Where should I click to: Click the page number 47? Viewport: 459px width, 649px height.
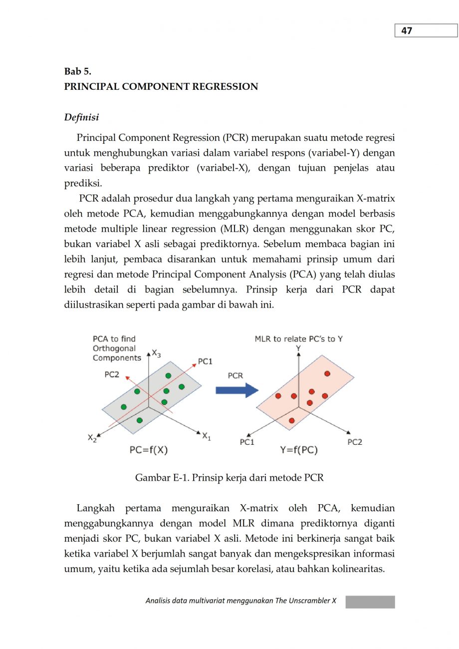(x=407, y=31)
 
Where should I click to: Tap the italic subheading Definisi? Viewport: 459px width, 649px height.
(x=81, y=117)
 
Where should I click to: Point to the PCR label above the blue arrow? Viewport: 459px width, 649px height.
(x=235, y=376)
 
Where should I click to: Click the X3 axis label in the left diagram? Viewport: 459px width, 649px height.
(x=156, y=354)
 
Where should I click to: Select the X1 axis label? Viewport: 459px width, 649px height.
(x=206, y=436)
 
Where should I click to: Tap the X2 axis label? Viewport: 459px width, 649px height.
(x=92, y=438)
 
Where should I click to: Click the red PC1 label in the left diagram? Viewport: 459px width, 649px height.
(x=206, y=361)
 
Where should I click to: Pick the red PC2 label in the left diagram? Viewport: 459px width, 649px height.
(x=112, y=374)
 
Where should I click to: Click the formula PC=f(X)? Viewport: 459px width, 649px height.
(x=149, y=450)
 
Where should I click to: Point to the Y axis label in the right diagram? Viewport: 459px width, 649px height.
(x=298, y=347)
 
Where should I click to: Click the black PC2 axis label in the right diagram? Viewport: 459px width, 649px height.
(x=354, y=442)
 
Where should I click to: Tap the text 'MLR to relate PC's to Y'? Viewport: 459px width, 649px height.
(x=298, y=339)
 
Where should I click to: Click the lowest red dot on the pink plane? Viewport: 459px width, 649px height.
(x=292, y=420)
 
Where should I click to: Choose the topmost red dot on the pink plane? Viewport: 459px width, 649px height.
(x=327, y=373)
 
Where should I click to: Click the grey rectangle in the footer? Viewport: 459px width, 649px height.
(x=370, y=602)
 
